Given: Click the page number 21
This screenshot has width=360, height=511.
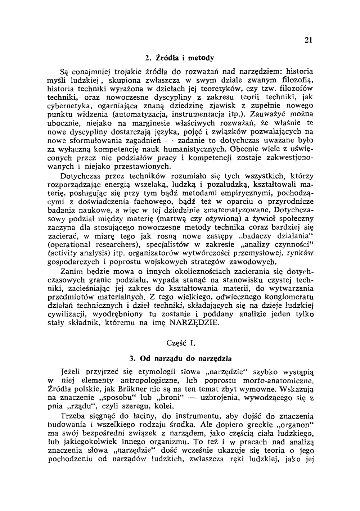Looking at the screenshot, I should pyautogui.click(x=307, y=40).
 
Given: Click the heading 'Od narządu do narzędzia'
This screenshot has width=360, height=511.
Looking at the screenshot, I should pyautogui.click(x=180, y=359).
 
